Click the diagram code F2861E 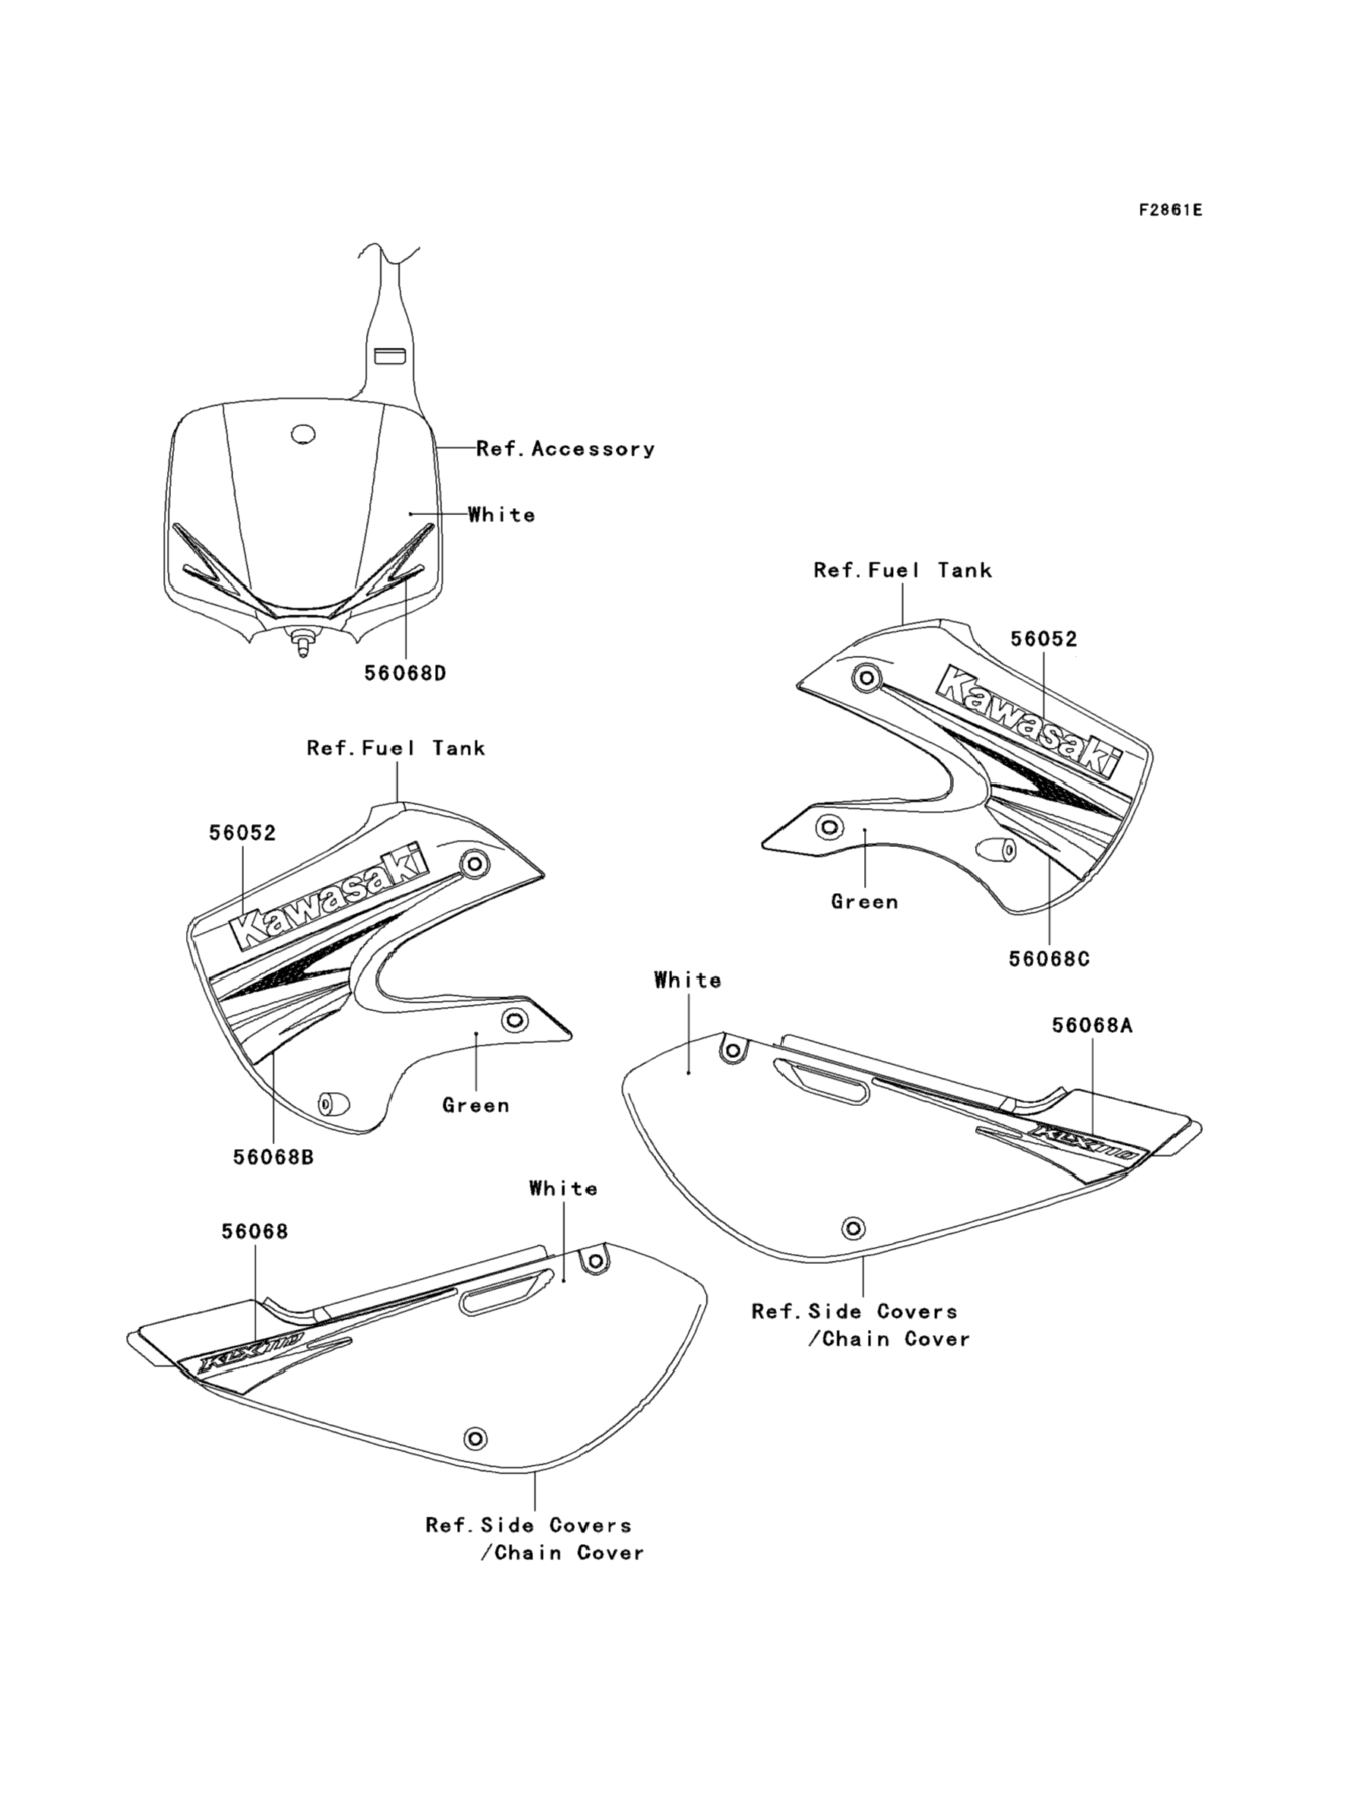tap(1170, 210)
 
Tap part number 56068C tap(1049, 959)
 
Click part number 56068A tap(1092, 1026)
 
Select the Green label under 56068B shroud tap(475, 1106)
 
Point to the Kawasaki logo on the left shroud tap(330, 897)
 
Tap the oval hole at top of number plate tap(303, 434)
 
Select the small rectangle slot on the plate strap tap(390, 355)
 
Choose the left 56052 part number tap(242, 833)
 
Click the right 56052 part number tap(1043, 640)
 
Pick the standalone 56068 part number tap(254, 1231)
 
